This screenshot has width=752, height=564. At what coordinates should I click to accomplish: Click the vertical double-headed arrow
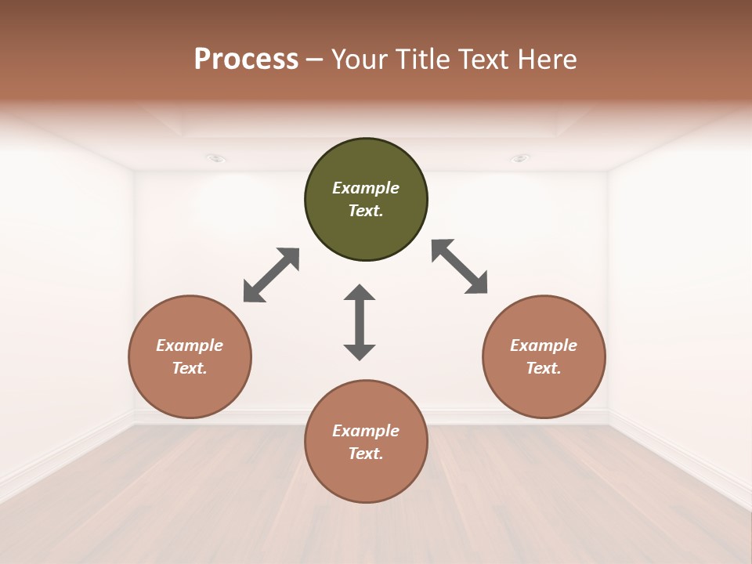click(x=360, y=323)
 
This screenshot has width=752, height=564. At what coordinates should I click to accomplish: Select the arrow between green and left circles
click(x=271, y=275)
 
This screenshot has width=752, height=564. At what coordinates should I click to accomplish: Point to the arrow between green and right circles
click(x=460, y=267)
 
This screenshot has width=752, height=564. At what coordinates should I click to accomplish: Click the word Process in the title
click(x=246, y=60)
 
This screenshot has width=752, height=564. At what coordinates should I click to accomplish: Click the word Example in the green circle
click(x=366, y=188)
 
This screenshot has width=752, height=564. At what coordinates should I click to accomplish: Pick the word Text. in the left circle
click(x=190, y=368)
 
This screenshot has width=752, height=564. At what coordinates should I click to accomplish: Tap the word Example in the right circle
click(x=544, y=345)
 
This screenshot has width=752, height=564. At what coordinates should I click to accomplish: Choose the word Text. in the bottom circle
click(x=366, y=454)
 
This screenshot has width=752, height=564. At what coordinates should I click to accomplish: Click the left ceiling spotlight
click(x=216, y=158)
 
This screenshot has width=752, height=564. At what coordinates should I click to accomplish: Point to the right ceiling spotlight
click(x=519, y=158)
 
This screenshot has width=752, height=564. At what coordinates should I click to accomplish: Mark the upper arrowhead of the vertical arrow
click(x=360, y=293)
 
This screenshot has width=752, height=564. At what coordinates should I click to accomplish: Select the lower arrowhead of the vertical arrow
click(x=360, y=352)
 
